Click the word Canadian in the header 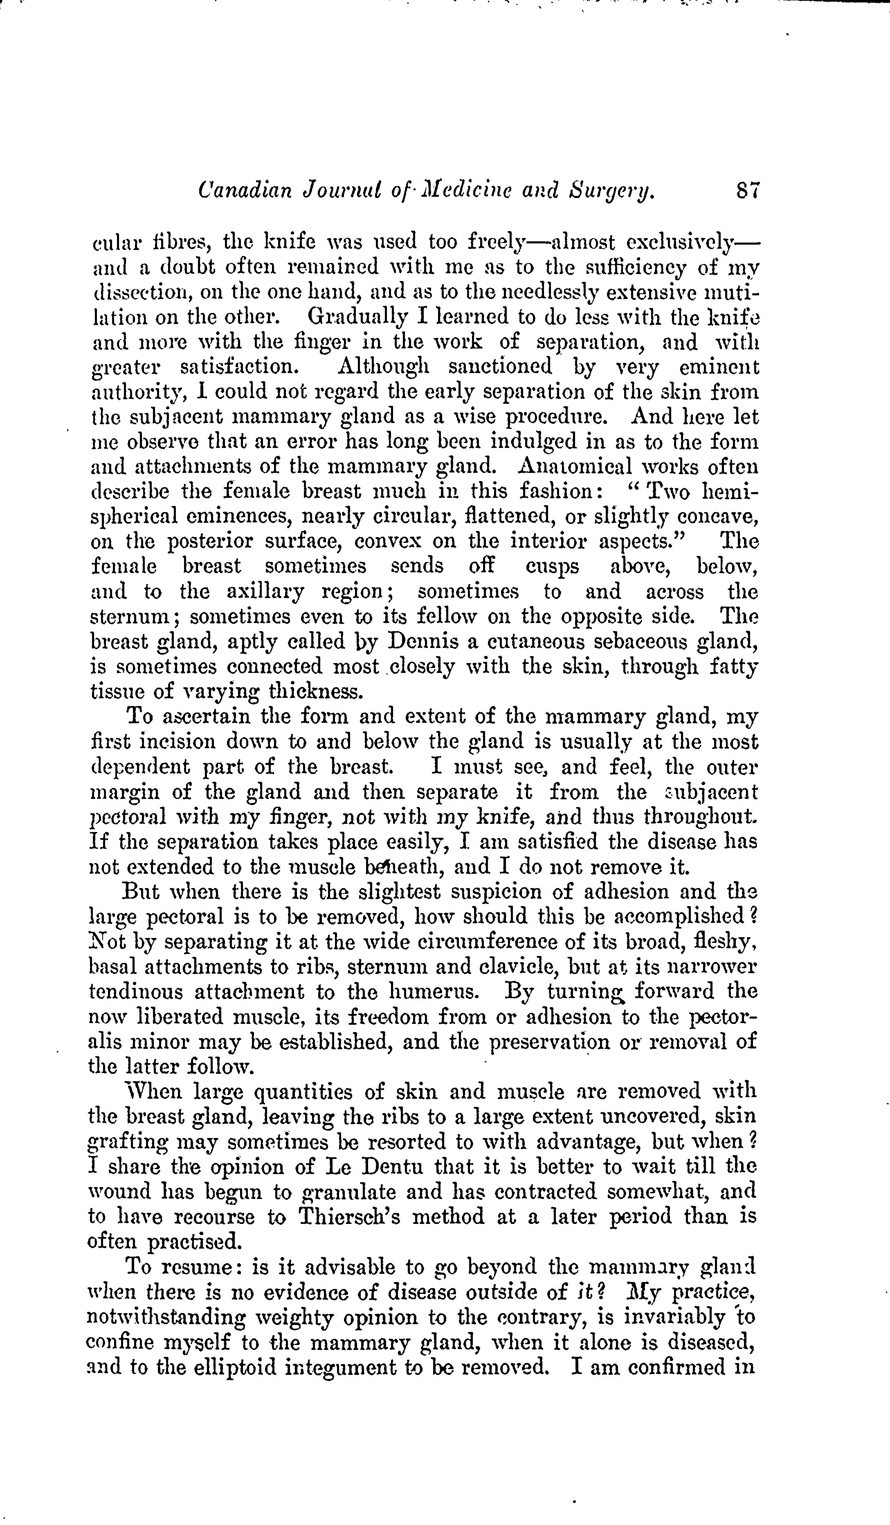click(x=245, y=192)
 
